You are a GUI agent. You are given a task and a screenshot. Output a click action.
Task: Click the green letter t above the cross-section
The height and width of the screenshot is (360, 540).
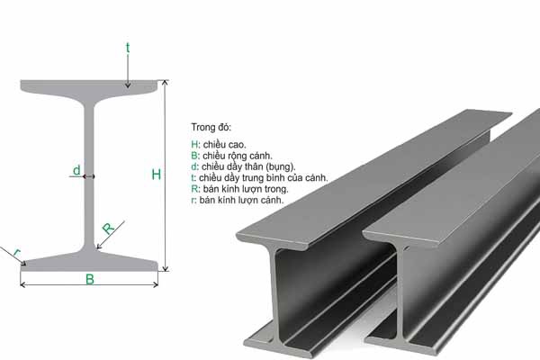(129, 44)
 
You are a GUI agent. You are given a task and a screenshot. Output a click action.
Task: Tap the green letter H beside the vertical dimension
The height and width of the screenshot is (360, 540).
(156, 175)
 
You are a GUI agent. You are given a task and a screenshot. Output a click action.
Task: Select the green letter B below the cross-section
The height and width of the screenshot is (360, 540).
(89, 279)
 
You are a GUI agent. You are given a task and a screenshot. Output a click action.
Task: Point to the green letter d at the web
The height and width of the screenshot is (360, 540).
(76, 169)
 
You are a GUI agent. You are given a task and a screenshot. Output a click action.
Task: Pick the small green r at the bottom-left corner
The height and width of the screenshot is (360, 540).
(14, 251)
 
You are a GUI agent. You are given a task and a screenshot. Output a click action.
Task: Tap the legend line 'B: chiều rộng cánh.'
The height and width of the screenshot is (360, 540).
(233, 155)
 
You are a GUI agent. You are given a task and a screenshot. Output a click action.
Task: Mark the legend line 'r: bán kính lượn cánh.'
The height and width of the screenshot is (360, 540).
(238, 200)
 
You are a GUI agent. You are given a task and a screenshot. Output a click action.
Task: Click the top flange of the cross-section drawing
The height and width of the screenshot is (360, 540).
(90, 88)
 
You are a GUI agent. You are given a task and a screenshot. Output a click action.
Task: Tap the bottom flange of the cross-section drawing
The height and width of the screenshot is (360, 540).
(90, 261)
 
